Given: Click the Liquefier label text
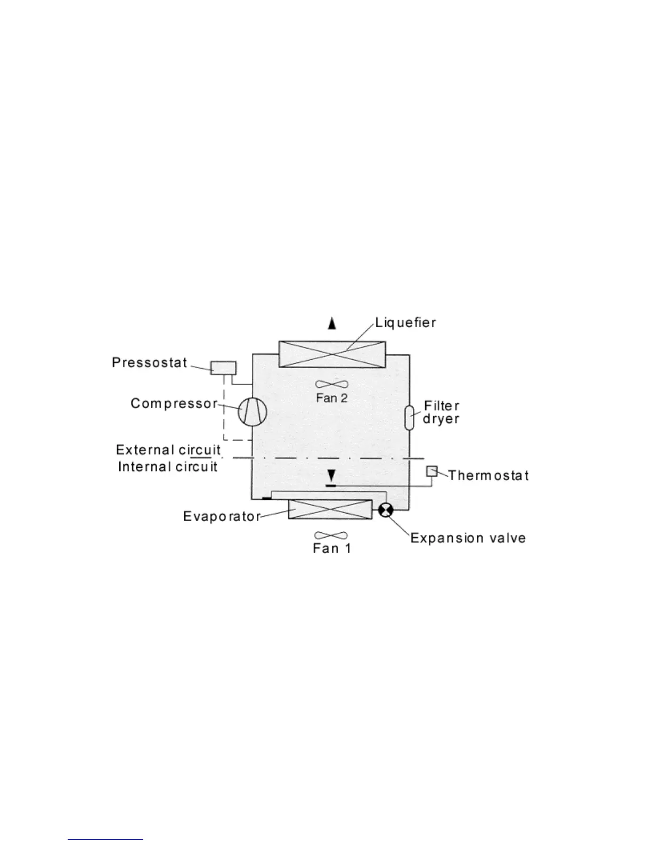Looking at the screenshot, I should pos(405,322).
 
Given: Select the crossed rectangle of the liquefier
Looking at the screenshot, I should pos(332,354).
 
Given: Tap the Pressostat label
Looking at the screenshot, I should pos(150,363).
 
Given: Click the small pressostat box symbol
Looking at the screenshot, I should pos(223,368).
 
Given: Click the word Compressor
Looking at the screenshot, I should pos(174,403).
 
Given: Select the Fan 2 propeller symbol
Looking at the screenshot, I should pos(331,384).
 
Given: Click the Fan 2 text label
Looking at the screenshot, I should pos(331,397).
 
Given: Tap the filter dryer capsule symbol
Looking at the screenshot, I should pos(409,417).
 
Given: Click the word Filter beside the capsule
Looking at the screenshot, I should pos(442,406).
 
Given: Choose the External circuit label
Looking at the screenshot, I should pos(168,450).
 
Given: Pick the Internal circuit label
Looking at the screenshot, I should pos(168,467).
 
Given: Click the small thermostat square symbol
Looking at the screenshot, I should pos(431,471).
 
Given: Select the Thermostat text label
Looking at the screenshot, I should pos(488,475).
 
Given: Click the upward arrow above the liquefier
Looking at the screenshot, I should pos(332,323).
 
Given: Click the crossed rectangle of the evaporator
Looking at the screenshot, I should pos(330,509).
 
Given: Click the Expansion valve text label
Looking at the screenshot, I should pos(468,538).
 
